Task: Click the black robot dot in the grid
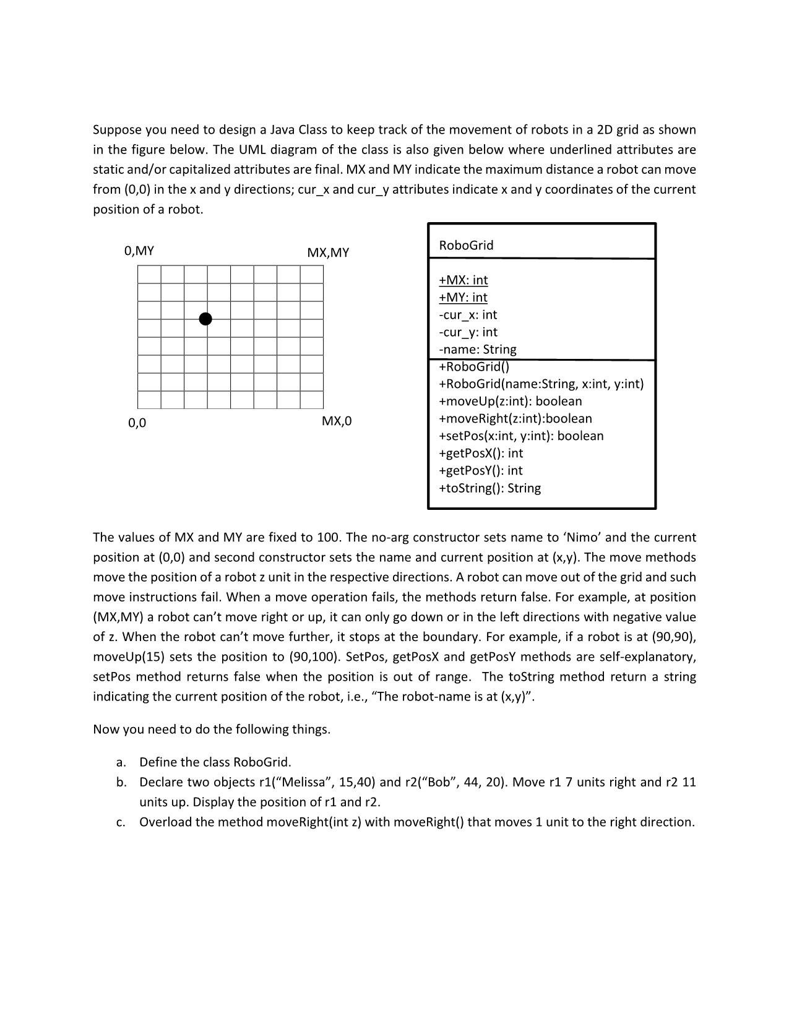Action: (x=206, y=319)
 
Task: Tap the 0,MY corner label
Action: (x=139, y=251)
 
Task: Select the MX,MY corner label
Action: (x=328, y=252)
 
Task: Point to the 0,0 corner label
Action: (x=137, y=423)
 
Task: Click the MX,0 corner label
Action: (x=337, y=421)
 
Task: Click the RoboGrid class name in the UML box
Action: (x=466, y=245)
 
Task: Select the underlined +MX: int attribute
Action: (x=463, y=280)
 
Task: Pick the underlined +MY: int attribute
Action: (x=463, y=297)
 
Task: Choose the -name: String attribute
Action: (x=477, y=349)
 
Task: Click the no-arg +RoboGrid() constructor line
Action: (x=474, y=366)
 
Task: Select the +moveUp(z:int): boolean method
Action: (x=510, y=401)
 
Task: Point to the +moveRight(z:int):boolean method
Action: (x=515, y=418)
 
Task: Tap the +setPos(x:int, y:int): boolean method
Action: (x=521, y=436)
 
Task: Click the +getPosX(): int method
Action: (x=480, y=453)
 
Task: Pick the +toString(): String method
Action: (x=489, y=488)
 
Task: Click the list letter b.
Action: (x=121, y=782)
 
